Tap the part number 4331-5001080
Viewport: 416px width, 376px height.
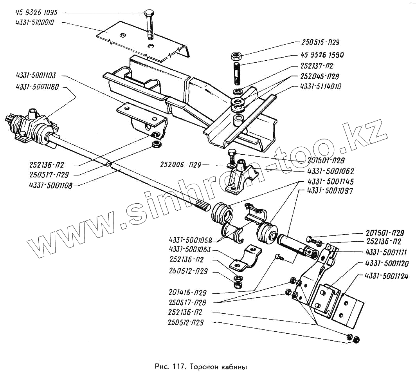click(x=36, y=87)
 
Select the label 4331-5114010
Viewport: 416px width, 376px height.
click(x=320, y=87)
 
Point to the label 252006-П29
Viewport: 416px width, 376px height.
click(x=180, y=165)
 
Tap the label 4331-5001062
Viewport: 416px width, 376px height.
click(x=334, y=171)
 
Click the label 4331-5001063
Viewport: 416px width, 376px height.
click(x=190, y=249)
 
